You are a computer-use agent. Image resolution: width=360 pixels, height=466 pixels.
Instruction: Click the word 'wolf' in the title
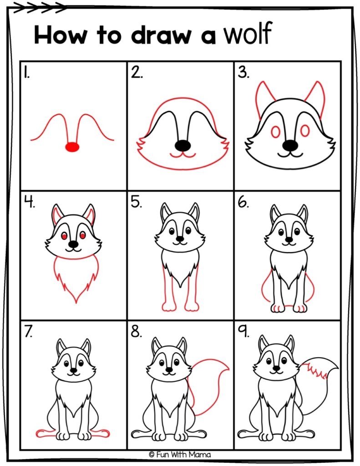pos(247,35)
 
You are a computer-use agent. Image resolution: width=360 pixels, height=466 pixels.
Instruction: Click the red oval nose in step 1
pos(72,147)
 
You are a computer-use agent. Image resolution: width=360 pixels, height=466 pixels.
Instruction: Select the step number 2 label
pos(136,72)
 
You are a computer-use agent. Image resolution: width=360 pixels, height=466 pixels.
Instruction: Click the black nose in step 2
pos(183,145)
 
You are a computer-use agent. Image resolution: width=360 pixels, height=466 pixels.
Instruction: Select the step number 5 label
pos(137,202)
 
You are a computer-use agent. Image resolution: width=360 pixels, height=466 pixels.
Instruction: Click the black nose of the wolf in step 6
pos(289,239)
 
